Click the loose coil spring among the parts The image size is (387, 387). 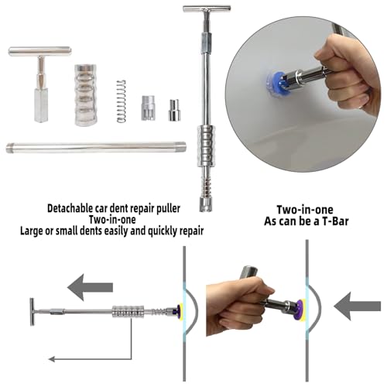pyautogui.click(x=122, y=101)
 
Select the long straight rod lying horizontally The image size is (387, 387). pyautogui.click(x=96, y=147)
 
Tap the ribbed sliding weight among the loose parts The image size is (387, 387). pyautogui.click(x=86, y=95)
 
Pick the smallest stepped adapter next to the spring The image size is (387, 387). pyautogui.click(x=174, y=110)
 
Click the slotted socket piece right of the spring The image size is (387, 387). pyautogui.click(x=148, y=108)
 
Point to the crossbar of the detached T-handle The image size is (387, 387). pyautogui.click(x=39, y=51)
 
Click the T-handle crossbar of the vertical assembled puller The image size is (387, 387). pyautogui.click(x=207, y=9)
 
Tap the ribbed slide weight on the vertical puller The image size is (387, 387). pyautogui.click(x=206, y=146)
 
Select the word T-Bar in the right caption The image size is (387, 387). pyautogui.click(x=335, y=221)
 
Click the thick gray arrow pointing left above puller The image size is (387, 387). pyautogui.click(x=90, y=287)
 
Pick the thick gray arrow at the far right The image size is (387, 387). pyautogui.click(x=358, y=307)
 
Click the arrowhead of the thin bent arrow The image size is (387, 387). pyautogui.click(x=52, y=359)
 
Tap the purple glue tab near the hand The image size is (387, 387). pyautogui.click(x=300, y=310)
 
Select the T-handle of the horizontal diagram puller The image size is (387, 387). pyautogui.click(x=32, y=312)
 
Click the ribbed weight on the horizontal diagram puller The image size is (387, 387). pyautogui.click(x=128, y=311)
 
